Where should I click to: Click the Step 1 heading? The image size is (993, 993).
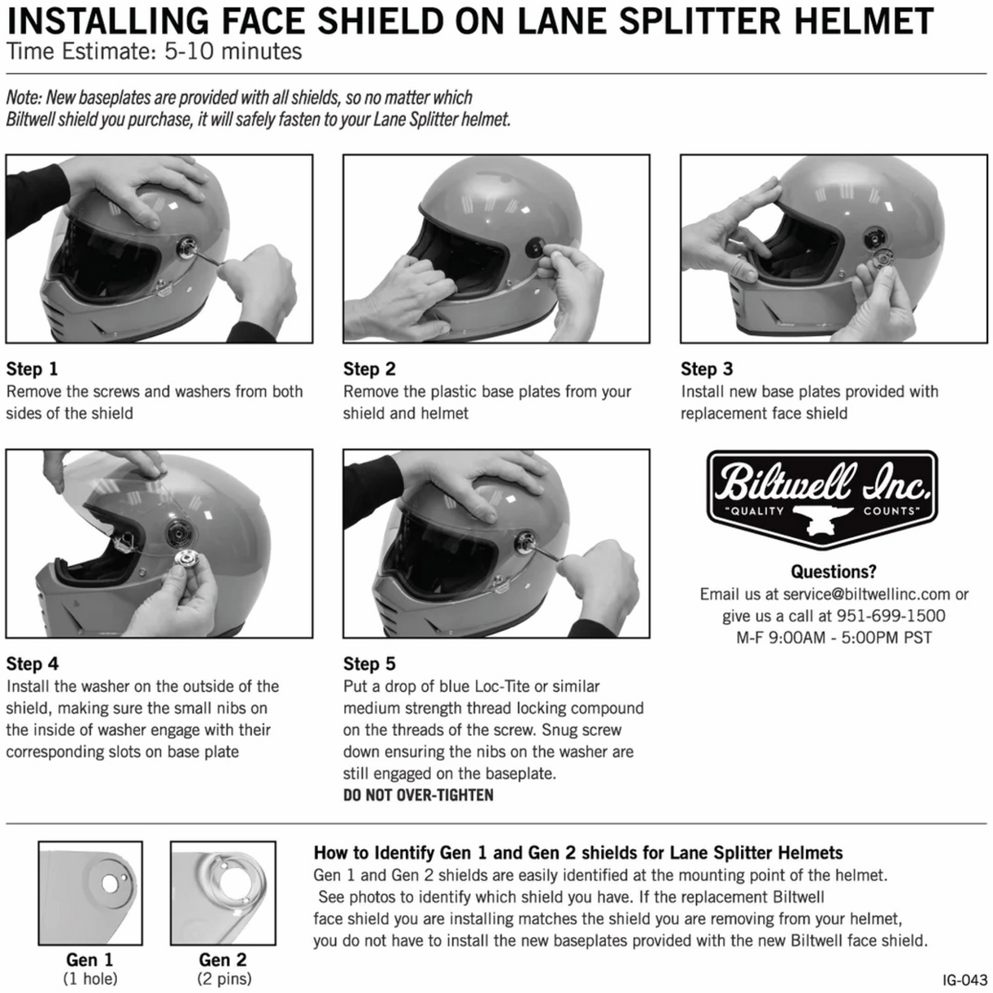(x=32, y=369)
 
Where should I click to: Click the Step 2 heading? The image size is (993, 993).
(x=369, y=369)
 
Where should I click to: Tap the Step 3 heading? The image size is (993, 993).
(x=707, y=369)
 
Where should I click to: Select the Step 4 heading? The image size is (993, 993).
(x=32, y=663)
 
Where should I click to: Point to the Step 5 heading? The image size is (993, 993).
(x=369, y=663)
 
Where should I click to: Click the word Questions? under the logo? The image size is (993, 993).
(x=833, y=572)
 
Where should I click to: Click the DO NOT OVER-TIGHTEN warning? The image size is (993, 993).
(x=418, y=795)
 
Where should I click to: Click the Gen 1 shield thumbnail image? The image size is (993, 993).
(x=90, y=893)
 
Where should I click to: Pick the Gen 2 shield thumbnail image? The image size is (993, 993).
(x=223, y=893)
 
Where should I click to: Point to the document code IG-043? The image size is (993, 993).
(x=964, y=979)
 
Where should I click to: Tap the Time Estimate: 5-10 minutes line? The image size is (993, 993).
(x=154, y=52)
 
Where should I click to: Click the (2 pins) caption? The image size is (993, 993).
(x=224, y=978)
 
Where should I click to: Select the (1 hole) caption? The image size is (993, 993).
(x=90, y=978)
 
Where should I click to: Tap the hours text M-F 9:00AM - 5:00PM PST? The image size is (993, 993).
(x=833, y=637)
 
